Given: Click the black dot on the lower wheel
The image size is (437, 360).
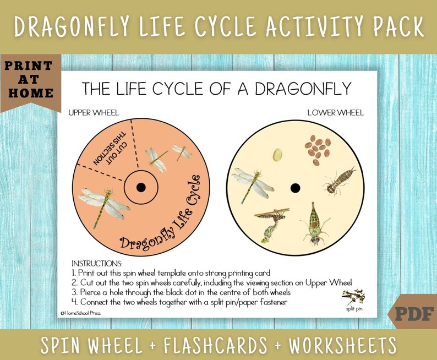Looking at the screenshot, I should [295, 188].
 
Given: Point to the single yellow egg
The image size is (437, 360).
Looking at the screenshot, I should [277, 155].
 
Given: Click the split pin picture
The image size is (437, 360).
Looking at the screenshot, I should [353, 298].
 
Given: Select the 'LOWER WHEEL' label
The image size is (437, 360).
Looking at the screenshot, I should [335, 113].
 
